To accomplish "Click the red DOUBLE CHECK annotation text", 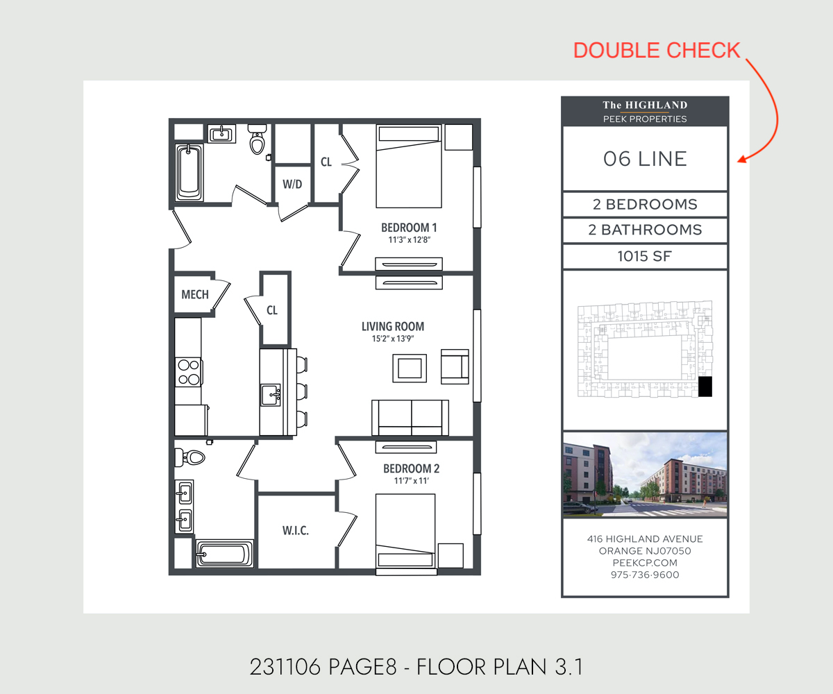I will (657, 50).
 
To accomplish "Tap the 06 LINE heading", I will (645, 159).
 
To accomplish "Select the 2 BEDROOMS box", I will (645, 205).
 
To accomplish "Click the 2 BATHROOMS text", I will (645, 230).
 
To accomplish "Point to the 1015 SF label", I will (645, 257).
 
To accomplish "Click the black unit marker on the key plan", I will (705, 387).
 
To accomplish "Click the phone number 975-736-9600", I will (645, 575).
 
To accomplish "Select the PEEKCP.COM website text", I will (645, 563).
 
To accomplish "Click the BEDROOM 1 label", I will (409, 228).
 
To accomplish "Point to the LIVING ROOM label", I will (392, 326).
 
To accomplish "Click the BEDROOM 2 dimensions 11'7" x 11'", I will (411, 480).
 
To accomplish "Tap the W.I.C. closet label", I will (295, 531).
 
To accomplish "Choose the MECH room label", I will (195, 294).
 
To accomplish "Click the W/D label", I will (292, 185).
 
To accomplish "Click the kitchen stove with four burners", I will (188, 371).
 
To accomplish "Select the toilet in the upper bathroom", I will (258, 142).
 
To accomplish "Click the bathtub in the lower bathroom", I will (224, 554).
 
